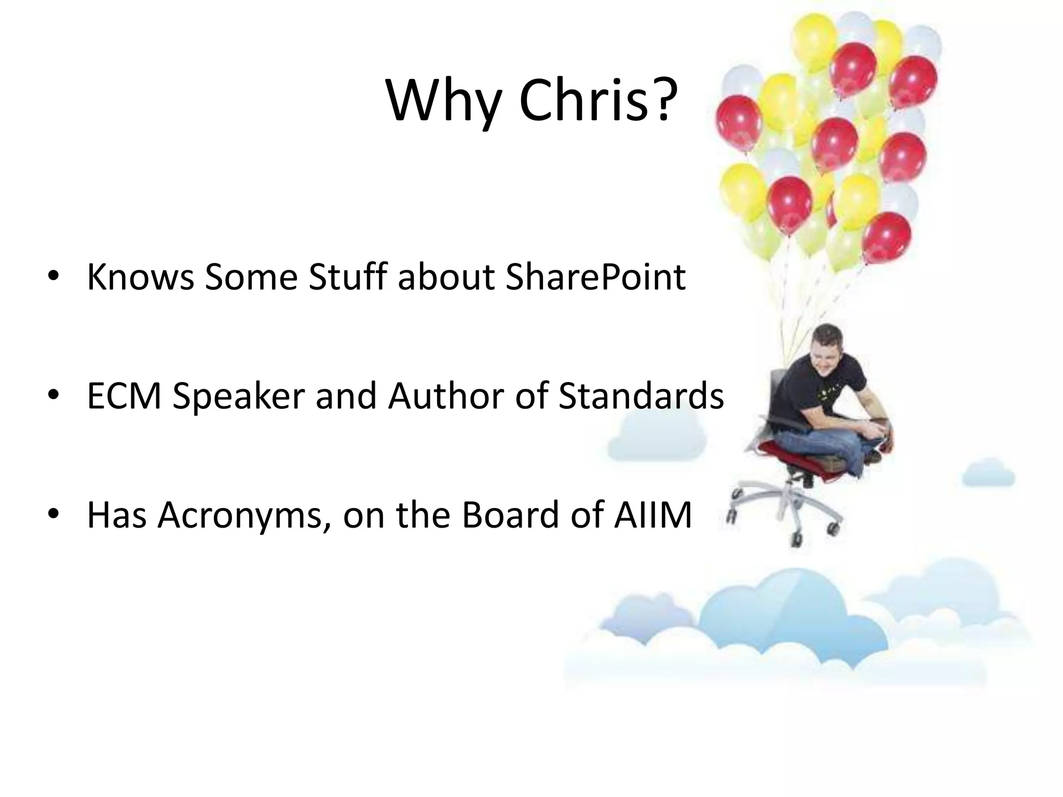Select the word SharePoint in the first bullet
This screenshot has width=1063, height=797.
595,278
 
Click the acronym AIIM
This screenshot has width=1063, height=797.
652,515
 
